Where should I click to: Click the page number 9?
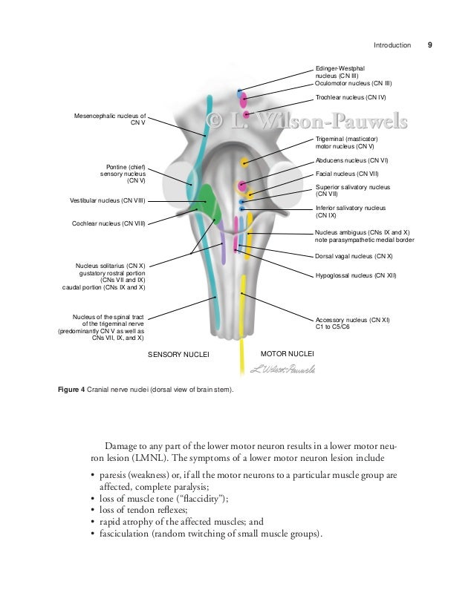click(x=429, y=45)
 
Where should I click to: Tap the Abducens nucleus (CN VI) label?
click(x=352, y=160)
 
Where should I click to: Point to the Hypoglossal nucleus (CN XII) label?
click(x=356, y=275)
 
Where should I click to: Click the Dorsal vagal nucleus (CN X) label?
click(x=354, y=256)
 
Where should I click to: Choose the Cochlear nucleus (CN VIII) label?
click(x=108, y=223)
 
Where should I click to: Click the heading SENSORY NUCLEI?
click(x=179, y=355)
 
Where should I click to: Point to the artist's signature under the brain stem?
click(x=283, y=369)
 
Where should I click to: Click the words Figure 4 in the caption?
click(x=74, y=390)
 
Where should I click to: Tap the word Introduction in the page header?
click(x=392, y=45)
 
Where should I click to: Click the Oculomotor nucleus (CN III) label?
click(x=354, y=83)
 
